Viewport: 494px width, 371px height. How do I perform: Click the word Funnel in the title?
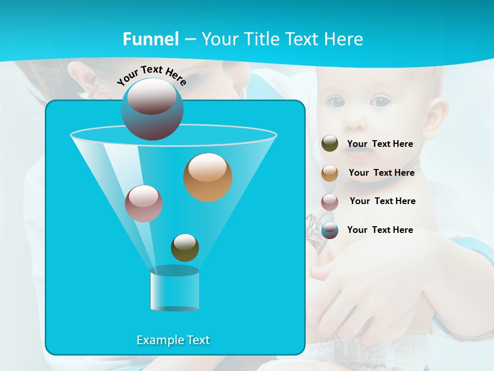[150, 39]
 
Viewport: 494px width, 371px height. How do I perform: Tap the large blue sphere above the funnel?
[152, 109]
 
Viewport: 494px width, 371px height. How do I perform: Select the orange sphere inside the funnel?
[207, 177]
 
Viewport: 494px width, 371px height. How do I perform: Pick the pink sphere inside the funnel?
[144, 203]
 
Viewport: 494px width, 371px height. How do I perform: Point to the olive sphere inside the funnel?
[185, 247]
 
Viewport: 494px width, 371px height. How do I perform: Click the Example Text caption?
[173, 340]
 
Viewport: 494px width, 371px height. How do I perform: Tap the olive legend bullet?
[330, 144]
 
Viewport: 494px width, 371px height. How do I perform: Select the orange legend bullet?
[330, 173]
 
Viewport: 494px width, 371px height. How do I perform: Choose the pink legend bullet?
[330, 201]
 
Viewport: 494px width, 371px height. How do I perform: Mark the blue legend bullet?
[330, 230]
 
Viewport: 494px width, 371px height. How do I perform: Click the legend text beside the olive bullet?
[380, 144]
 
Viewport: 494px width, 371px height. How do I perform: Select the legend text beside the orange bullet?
[381, 173]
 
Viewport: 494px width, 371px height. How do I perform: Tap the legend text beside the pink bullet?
[382, 201]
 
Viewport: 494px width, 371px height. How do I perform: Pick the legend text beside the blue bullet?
[380, 230]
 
